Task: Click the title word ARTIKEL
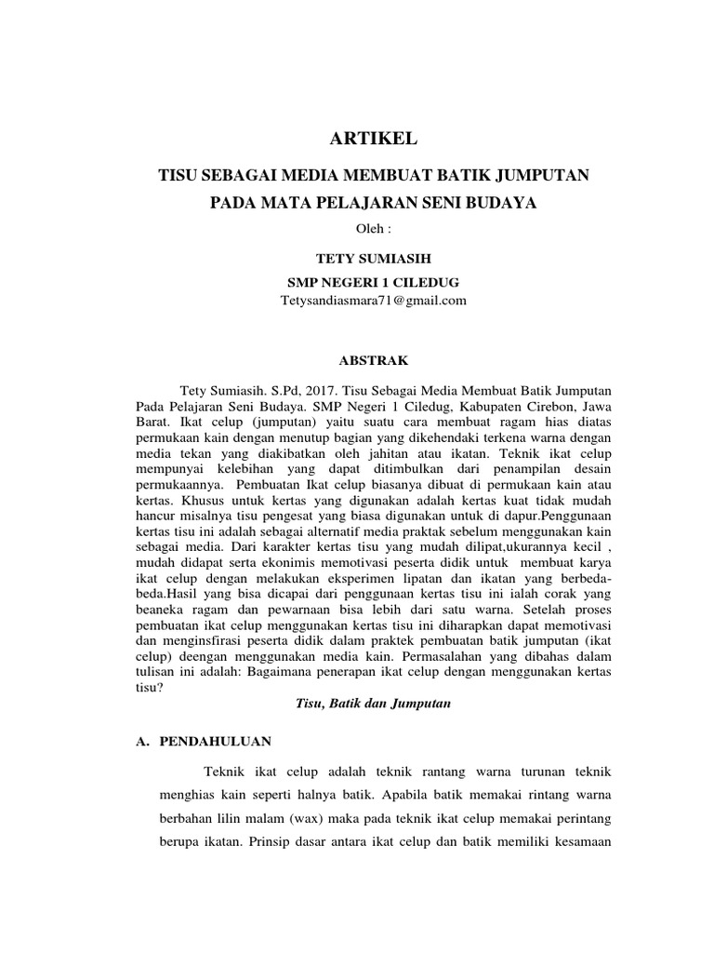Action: tap(374, 140)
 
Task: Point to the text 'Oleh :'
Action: tap(374, 228)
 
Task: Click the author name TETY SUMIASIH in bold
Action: tap(374, 257)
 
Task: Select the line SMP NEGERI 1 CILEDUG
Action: tap(374, 280)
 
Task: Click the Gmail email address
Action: tap(374, 302)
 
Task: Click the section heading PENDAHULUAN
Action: tap(216, 741)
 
